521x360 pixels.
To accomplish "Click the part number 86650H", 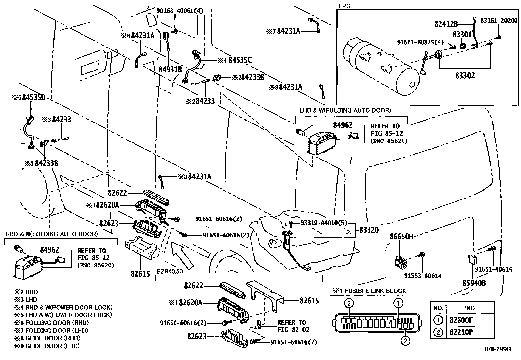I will coord(401,236).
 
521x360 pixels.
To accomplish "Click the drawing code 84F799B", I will coord(498,349).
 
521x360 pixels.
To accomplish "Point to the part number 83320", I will coord(369,230).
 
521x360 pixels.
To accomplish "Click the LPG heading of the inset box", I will coord(344,6).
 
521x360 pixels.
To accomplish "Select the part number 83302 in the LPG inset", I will coord(465,75).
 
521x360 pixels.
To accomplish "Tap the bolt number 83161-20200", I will coord(499,20).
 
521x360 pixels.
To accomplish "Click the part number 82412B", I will coord(446,24).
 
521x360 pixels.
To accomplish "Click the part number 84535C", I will coord(240,60).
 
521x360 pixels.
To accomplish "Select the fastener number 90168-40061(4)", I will coord(180,11).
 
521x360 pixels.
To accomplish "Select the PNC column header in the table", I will coord(469,308).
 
